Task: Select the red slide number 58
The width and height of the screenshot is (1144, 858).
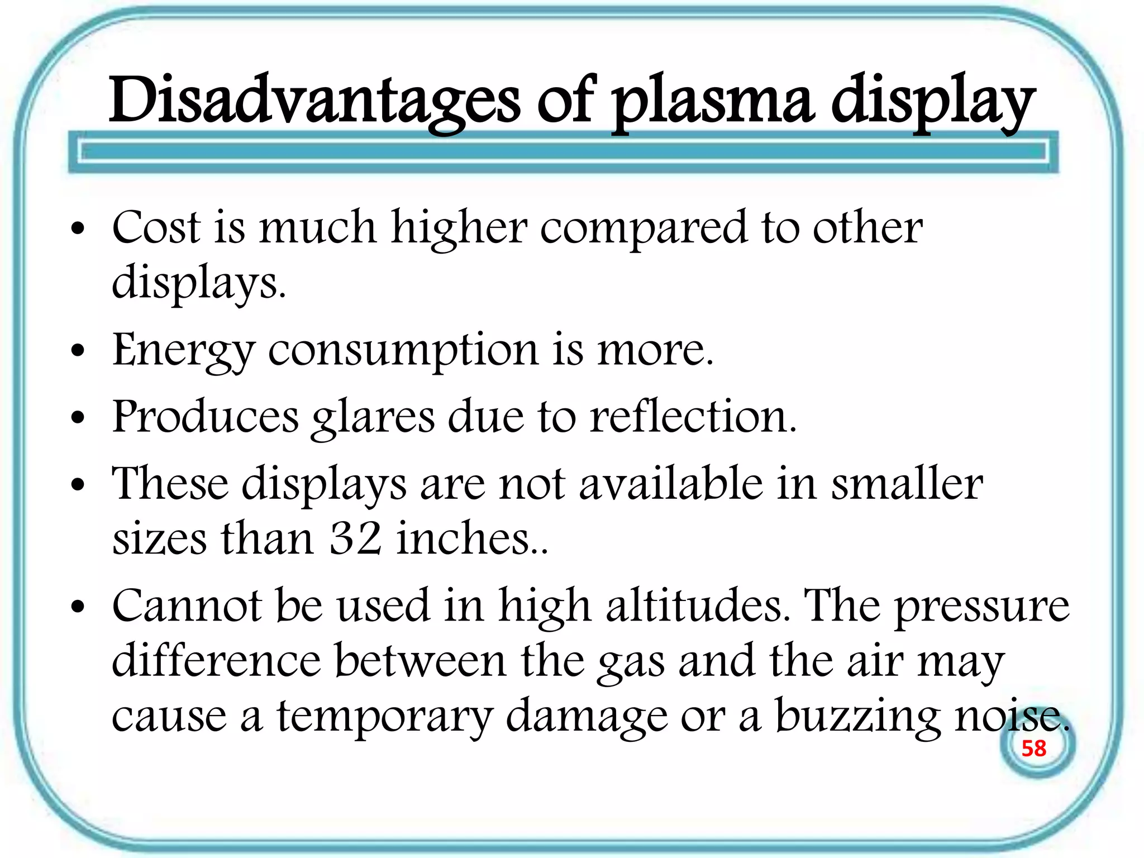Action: click(1033, 749)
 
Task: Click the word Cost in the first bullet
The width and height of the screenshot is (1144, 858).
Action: click(156, 228)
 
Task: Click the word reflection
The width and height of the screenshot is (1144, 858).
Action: click(693, 417)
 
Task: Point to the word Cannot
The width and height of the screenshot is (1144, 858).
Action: click(187, 606)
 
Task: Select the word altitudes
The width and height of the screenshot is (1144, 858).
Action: click(698, 606)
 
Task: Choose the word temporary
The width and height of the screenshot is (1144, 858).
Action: click(385, 717)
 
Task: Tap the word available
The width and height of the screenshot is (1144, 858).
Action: click(671, 483)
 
